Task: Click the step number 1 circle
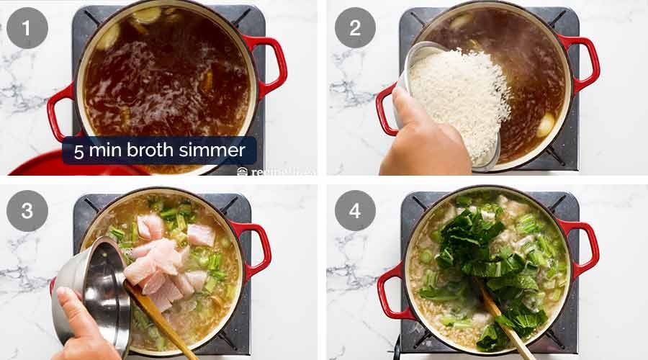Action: (x=27, y=27)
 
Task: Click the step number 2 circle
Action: (x=355, y=27)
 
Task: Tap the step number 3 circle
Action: (x=27, y=211)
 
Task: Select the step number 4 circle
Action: (x=355, y=211)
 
